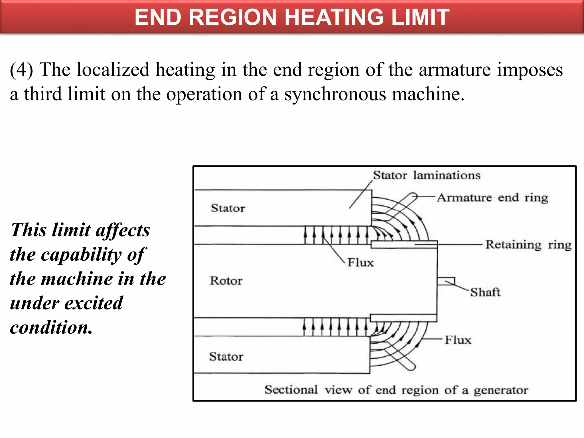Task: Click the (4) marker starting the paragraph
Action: click(21, 70)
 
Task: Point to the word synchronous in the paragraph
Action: click(335, 94)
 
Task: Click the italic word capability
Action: click(81, 254)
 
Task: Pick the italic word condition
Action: click(51, 327)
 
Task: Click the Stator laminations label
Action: click(427, 175)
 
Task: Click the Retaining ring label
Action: click(528, 245)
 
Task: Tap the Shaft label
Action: click(485, 292)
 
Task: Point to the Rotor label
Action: click(226, 281)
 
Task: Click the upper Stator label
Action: click(228, 208)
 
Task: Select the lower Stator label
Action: click(226, 357)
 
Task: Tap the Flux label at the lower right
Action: click(458, 340)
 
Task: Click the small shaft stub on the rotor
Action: click(446, 281)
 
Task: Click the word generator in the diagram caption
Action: click(501, 390)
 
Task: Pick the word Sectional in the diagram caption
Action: click(291, 390)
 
